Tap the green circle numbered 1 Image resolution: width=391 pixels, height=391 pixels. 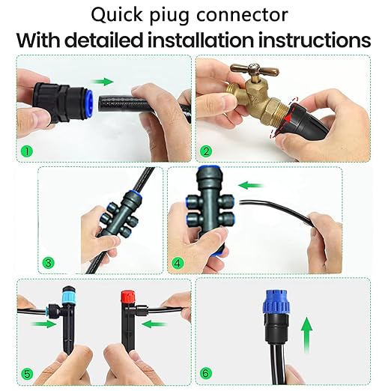[28, 150]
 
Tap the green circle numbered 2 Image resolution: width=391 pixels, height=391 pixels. [207, 150]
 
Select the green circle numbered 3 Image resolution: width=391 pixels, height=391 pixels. [48, 262]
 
